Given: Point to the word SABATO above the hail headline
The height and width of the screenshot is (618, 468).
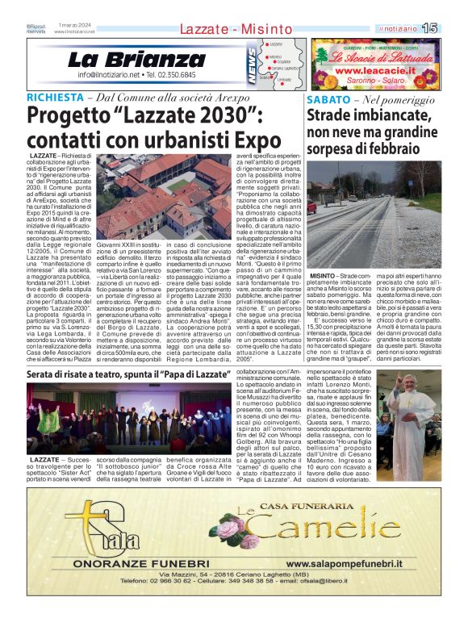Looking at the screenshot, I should tap(328, 101).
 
